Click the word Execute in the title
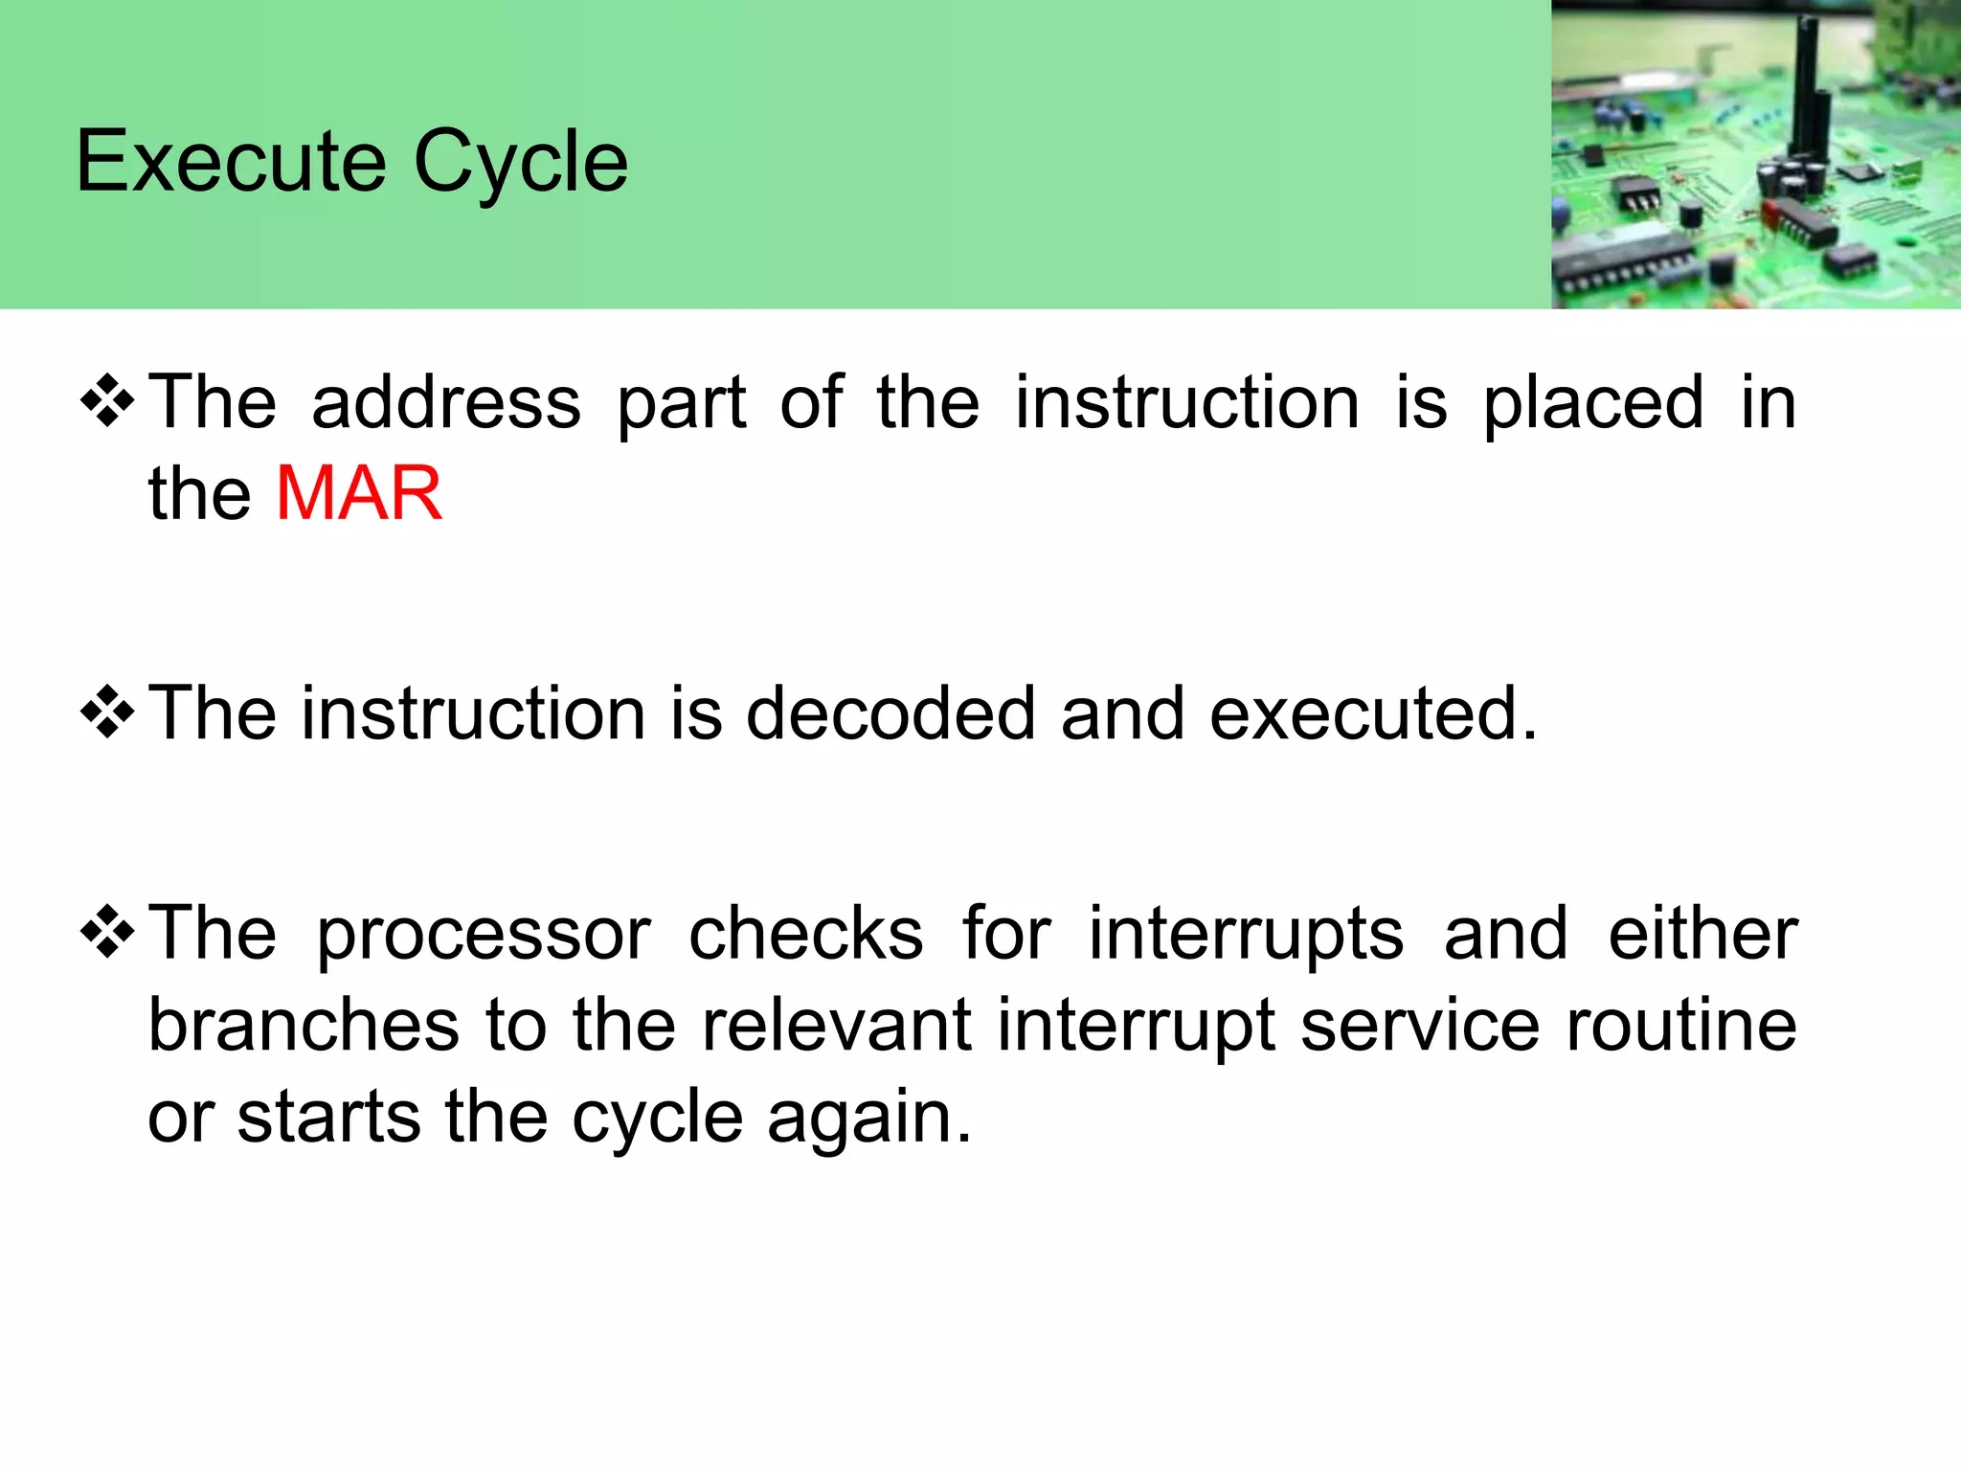point(231,161)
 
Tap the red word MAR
point(359,493)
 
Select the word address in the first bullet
point(446,402)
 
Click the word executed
point(1372,713)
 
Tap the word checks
point(806,933)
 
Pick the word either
point(1702,933)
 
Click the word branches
point(304,1025)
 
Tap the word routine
point(1681,1025)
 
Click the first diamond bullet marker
point(107,401)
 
